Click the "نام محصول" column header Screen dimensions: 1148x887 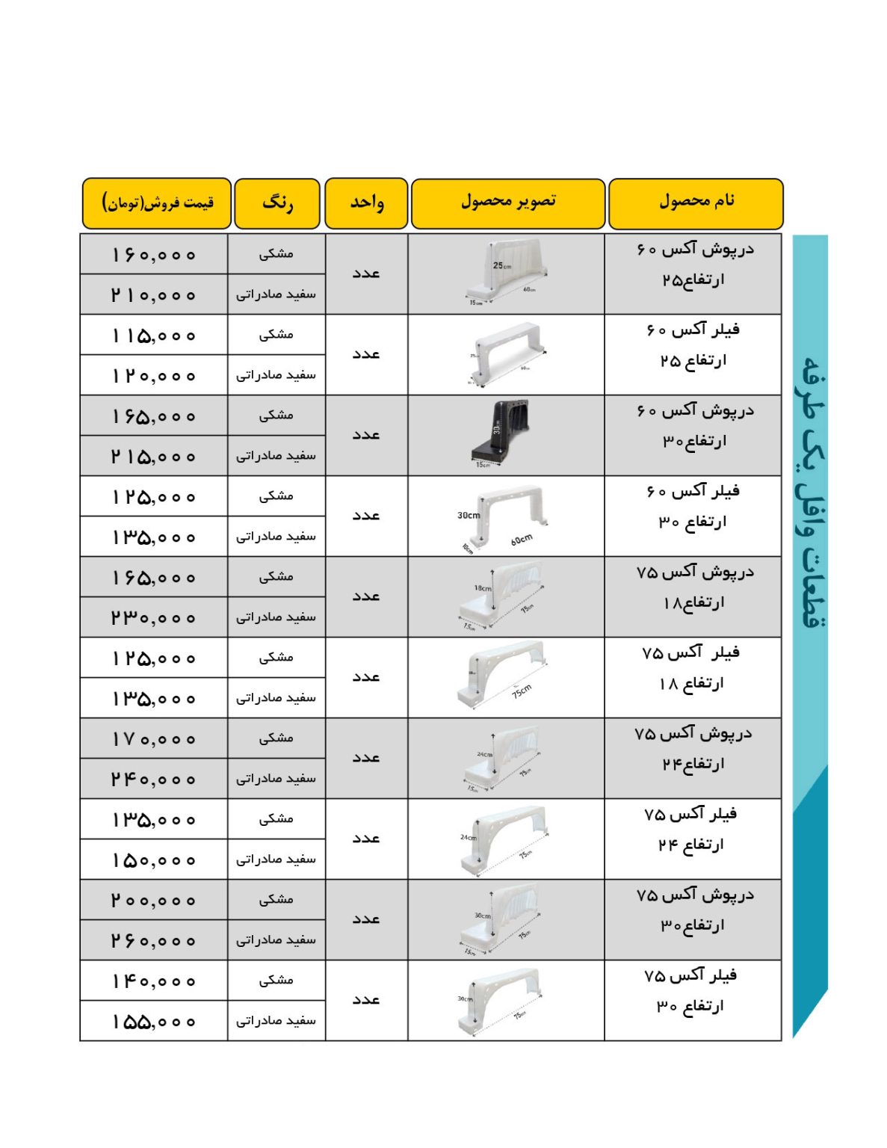(696, 203)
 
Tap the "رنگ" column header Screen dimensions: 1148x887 (277, 203)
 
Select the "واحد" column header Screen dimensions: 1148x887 (366, 203)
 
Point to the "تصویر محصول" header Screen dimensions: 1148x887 (507, 203)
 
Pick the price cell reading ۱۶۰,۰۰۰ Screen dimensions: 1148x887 (154, 255)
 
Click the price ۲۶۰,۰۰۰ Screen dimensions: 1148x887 (154, 940)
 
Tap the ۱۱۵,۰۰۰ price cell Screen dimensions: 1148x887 (154, 336)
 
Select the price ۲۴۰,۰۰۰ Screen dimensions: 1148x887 (154, 779)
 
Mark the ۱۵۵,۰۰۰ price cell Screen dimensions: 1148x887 (154, 1021)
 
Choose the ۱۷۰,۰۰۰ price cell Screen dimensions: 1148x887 (154, 739)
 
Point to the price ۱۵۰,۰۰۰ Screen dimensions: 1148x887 (154, 860)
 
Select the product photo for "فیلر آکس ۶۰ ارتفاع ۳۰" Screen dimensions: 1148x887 (503, 516)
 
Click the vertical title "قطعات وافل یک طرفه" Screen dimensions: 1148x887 (810, 493)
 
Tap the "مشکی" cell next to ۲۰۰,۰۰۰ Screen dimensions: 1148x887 (276, 900)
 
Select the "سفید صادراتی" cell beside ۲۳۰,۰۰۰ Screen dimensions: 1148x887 (276, 617)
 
